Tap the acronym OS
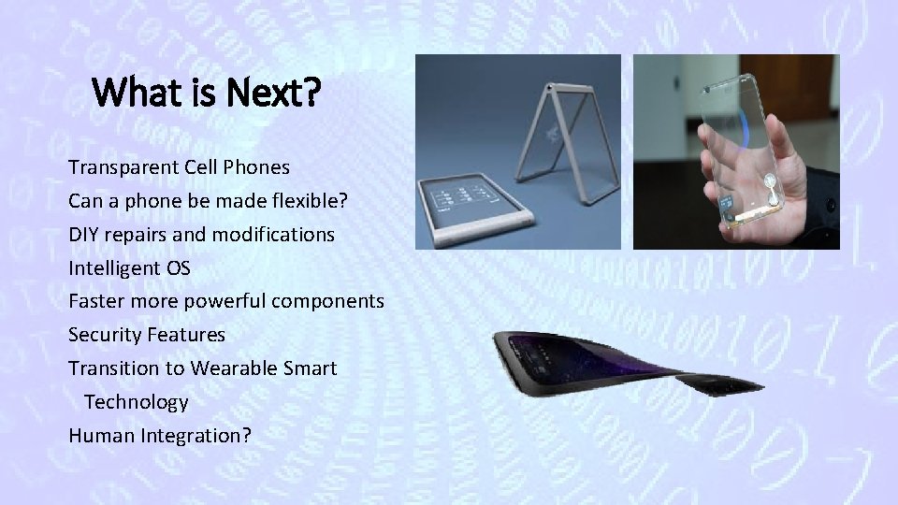click(178, 268)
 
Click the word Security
click(104, 335)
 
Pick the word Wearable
click(231, 368)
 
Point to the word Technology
click(137, 402)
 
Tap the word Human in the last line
click(98, 435)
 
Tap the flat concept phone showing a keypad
click(472, 205)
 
